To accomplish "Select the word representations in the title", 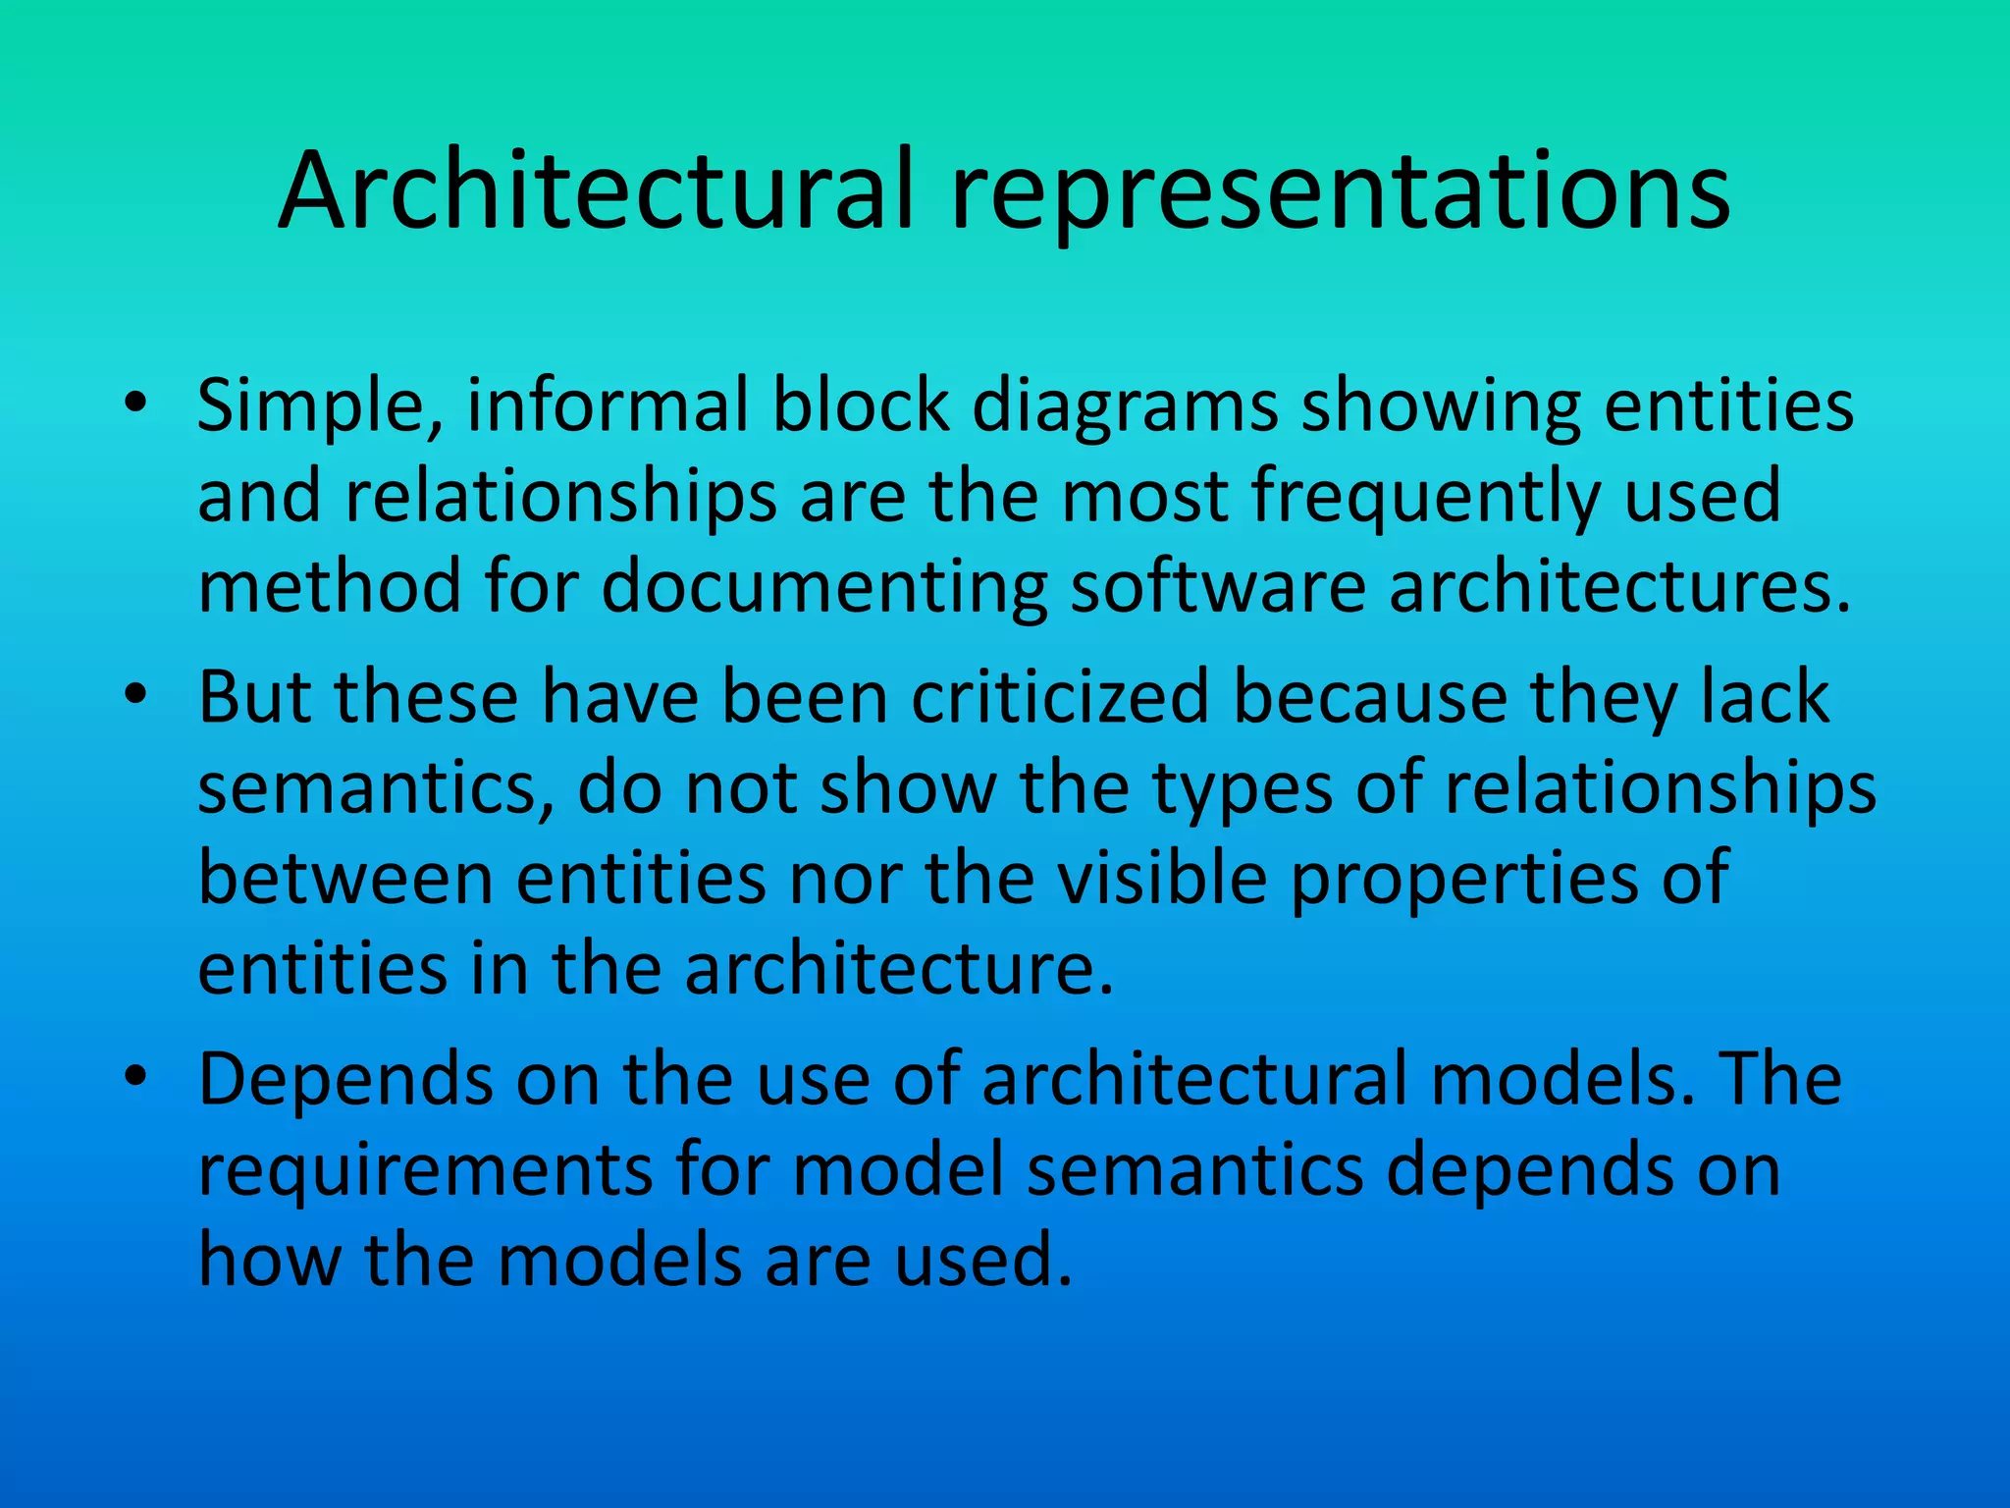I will (x=1339, y=194).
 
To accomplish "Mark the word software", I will (x=1218, y=587).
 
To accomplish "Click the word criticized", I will (x=1060, y=697).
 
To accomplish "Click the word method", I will (x=330, y=587).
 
